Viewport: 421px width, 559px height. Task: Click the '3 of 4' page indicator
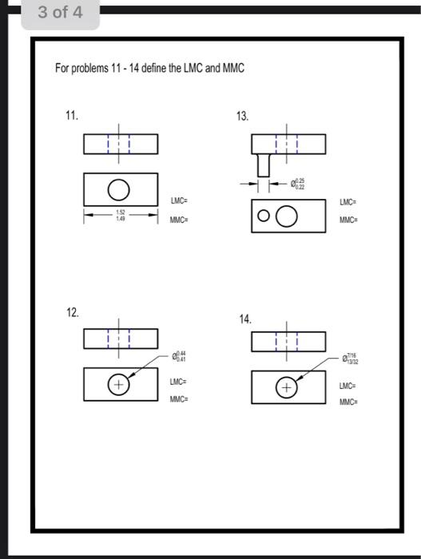(x=59, y=14)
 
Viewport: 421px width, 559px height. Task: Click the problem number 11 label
(x=72, y=116)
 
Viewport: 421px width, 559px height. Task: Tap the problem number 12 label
(x=72, y=311)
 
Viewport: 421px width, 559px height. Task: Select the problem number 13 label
(x=242, y=117)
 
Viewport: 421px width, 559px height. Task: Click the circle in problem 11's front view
(x=119, y=189)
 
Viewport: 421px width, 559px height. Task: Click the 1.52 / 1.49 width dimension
(x=119, y=214)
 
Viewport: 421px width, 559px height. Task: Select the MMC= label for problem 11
(x=179, y=219)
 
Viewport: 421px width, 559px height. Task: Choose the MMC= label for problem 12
(x=179, y=398)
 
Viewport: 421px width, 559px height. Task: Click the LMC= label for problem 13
(x=348, y=201)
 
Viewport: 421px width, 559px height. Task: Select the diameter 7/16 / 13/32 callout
(x=353, y=359)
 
